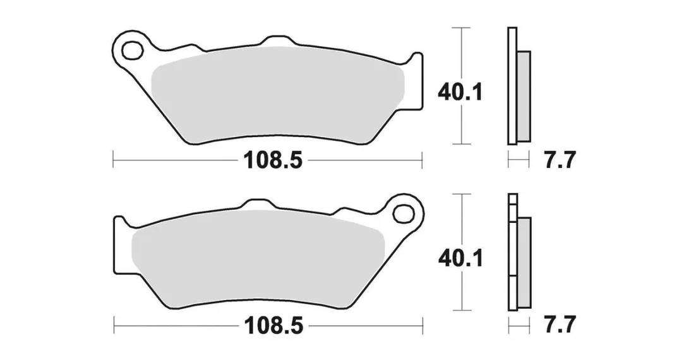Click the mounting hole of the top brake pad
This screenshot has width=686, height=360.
(133, 51)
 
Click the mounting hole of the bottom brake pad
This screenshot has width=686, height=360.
(404, 214)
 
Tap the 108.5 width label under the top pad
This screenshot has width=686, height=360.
(273, 160)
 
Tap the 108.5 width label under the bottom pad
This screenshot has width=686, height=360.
(274, 325)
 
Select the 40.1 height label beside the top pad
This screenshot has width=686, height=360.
(460, 93)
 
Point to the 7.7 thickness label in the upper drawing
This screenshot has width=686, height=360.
(558, 160)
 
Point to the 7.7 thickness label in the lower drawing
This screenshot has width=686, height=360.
(558, 325)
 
